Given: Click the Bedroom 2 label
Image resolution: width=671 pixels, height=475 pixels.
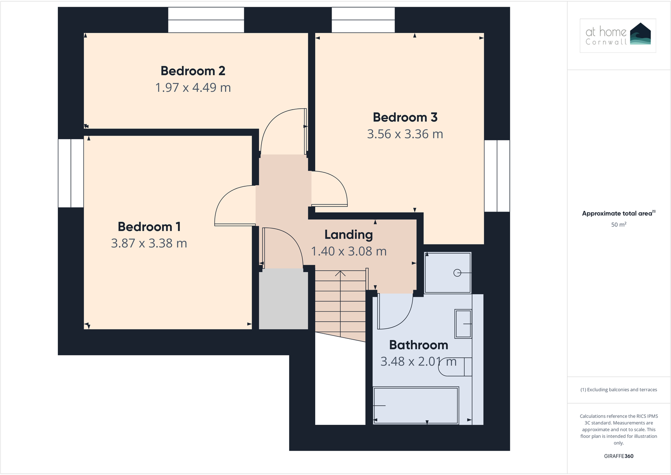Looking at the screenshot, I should (193, 71).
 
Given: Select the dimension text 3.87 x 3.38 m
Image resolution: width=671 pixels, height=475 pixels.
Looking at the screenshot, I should (149, 243).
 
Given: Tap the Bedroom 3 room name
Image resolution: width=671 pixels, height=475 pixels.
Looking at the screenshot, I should (405, 117).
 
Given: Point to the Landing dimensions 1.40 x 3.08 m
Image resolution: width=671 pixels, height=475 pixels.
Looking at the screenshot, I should (349, 251).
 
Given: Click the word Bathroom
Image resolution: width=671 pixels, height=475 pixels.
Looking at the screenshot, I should (418, 345).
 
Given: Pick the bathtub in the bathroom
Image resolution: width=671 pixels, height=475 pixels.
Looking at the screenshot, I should (416, 405).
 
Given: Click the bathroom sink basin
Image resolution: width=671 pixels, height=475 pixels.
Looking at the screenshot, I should (463, 324).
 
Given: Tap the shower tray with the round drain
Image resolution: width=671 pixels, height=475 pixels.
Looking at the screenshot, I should (448, 273).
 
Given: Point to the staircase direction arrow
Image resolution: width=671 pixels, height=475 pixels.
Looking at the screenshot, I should (340, 274).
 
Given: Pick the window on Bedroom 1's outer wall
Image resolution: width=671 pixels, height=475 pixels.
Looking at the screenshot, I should (71, 173).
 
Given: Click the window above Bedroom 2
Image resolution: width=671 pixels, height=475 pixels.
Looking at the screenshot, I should (206, 20).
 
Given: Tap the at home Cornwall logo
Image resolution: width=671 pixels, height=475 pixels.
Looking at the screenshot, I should (617, 35).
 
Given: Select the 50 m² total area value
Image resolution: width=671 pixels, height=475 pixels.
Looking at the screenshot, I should (618, 225).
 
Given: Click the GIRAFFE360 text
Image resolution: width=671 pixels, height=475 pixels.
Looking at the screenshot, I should (618, 456).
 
